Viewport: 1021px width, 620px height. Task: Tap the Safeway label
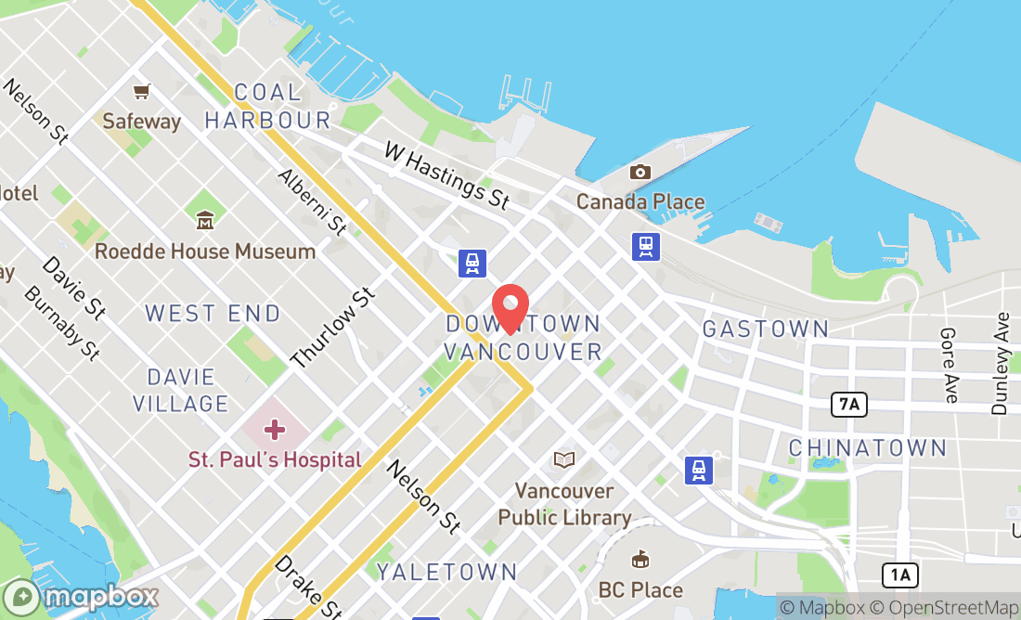click(142, 121)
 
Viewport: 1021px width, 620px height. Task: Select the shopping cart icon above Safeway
click(142, 91)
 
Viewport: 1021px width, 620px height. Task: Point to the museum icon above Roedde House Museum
click(205, 220)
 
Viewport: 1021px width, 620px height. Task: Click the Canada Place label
click(640, 201)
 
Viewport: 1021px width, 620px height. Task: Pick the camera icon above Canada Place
click(640, 172)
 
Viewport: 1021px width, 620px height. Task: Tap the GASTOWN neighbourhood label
click(766, 329)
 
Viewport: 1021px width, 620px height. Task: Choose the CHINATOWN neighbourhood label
click(868, 448)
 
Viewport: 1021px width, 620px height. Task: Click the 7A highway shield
click(848, 404)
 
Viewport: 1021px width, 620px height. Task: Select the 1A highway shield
click(899, 575)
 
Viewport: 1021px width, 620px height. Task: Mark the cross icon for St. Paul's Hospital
click(275, 430)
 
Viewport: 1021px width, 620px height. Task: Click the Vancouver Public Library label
click(564, 504)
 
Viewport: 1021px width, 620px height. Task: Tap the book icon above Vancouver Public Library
click(563, 459)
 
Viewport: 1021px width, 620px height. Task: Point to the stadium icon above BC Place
click(640, 560)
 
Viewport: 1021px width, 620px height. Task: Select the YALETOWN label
click(446, 572)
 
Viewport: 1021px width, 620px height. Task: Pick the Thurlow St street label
click(333, 326)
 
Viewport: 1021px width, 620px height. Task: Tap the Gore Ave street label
click(949, 364)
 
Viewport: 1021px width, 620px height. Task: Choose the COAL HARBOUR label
click(268, 106)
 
